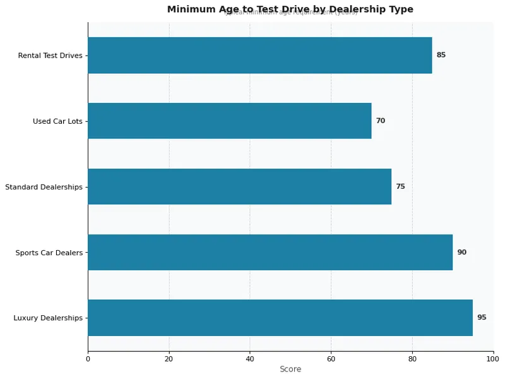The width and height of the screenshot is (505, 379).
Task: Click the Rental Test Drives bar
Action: pyautogui.click(x=259, y=55)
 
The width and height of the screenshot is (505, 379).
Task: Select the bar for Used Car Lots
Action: pyautogui.click(x=229, y=121)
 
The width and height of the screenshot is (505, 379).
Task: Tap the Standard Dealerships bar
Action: pyautogui.click(x=239, y=186)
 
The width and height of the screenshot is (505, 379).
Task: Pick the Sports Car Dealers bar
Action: pyautogui.click(x=270, y=252)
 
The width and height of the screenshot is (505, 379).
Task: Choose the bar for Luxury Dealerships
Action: pyautogui.click(x=280, y=318)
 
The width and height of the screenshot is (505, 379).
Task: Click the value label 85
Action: pyautogui.click(x=441, y=55)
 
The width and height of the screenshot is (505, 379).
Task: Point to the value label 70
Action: pyautogui.click(x=380, y=121)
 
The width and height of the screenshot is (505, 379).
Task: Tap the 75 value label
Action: pyautogui.click(x=400, y=186)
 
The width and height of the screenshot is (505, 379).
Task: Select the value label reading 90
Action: pyautogui.click(x=461, y=252)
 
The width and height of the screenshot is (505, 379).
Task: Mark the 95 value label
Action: pyautogui.click(x=482, y=318)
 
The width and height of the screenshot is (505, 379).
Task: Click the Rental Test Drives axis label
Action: pyautogui.click(x=50, y=56)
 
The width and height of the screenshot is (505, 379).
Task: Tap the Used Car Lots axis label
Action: pyautogui.click(x=57, y=121)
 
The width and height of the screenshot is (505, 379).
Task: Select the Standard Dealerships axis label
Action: pyautogui.click(x=44, y=187)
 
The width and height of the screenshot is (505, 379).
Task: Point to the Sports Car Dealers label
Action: pyautogui.click(x=49, y=253)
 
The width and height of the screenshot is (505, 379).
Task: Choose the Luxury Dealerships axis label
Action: pyautogui.click(x=48, y=318)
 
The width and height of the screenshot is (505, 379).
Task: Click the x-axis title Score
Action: pyautogui.click(x=290, y=369)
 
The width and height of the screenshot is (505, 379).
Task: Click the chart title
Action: pyautogui.click(x=290, y=9)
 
